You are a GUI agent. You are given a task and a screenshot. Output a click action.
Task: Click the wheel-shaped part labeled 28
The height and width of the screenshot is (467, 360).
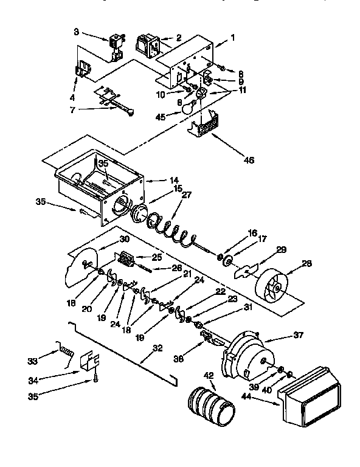click(275, 287)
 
